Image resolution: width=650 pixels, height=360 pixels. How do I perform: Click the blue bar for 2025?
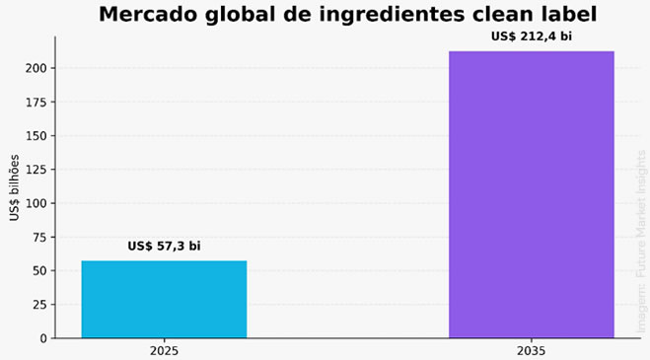tap(164, 300)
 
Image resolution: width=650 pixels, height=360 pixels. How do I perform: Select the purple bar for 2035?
tap(532, 194)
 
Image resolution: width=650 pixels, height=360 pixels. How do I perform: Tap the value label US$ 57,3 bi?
tap(164, 246)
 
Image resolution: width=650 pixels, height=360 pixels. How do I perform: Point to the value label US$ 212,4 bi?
tap(532, 36)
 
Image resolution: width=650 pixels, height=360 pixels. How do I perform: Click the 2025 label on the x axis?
tap(164, 351)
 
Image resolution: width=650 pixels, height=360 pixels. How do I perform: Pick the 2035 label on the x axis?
tap(532, 351)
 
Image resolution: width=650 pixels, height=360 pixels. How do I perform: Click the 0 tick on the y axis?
tap(43, 339)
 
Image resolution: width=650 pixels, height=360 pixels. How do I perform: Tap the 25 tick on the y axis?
tap(40, 305)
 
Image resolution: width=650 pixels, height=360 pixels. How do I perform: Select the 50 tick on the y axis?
tap(40, 271)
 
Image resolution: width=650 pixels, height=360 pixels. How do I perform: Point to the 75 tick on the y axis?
tap(40, 238)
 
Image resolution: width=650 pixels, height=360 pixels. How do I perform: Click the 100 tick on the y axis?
tap(36, 203)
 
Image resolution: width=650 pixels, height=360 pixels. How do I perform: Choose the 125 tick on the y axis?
tap(36, 170)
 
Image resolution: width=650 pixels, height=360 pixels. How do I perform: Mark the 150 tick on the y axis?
tap(36, 136)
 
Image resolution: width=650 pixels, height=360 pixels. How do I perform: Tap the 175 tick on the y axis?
tap(36, 102)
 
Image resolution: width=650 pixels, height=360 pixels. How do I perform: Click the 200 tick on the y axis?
tap(36, 68)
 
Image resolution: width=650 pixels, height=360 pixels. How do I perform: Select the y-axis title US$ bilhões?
tap(14, 187)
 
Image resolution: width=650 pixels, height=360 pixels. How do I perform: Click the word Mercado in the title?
tap(148, 15)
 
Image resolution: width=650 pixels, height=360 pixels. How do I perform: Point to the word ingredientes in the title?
tap(392, 16)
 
